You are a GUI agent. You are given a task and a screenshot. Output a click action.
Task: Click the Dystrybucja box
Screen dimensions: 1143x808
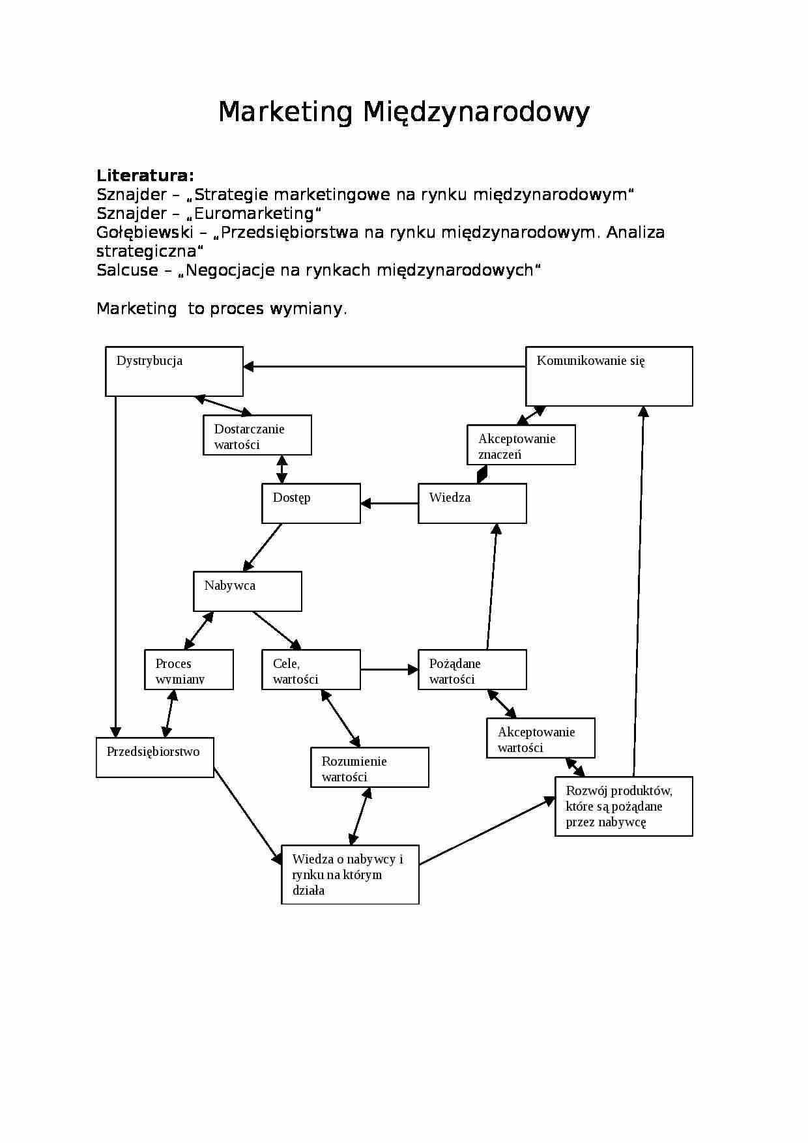click(x=174, y=371)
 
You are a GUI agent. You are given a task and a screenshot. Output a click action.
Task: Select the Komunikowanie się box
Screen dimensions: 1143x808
click(x=609, y=376)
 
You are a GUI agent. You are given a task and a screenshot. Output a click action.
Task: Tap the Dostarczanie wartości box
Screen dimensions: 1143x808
click(x=257, y=435)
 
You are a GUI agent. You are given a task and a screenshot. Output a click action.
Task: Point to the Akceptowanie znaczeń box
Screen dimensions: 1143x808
click(x=521, y=445)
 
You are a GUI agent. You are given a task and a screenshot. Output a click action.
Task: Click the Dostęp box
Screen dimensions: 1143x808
click(x=311, y=503)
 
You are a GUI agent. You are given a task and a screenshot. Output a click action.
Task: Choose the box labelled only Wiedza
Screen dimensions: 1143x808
click(x=472, y=503)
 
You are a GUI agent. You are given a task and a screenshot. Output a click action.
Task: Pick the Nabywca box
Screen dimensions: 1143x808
click(x=247, y=591)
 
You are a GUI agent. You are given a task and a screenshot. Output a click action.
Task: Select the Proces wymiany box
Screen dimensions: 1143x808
click(x=188, y=669)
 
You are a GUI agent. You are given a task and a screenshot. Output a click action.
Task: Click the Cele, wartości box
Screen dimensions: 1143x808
click(x=311, y=669)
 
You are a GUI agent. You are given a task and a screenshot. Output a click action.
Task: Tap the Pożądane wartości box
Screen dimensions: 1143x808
click(x=472, y=669)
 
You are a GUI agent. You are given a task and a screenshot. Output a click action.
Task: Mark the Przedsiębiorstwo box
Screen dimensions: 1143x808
click(x=154, y=757)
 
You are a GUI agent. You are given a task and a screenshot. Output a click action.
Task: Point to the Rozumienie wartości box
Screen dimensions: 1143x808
click(x=369, y=767)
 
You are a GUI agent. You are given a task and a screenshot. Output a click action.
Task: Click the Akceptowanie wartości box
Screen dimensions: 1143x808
click(x=540, y=738)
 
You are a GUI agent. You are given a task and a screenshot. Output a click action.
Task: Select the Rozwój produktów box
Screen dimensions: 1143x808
click(x=624, y=806)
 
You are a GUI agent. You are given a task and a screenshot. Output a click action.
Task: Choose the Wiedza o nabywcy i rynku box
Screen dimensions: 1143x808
click(x=350, y=875)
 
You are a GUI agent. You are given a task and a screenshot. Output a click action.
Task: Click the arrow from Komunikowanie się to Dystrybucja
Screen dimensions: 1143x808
click(x=384, y=367)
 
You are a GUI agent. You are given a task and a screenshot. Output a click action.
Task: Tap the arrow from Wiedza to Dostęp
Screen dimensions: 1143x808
click(x=389, y=504)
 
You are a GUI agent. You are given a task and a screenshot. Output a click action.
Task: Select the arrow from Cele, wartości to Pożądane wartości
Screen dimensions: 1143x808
click(x=389, y=669)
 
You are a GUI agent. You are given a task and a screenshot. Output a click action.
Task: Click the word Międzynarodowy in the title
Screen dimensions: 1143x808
click(x=476, y=112)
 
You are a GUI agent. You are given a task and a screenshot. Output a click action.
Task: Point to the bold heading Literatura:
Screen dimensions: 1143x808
click(x=145, y=175)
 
